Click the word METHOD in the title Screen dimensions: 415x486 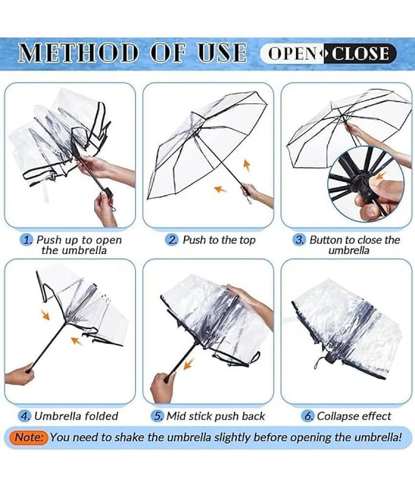78,52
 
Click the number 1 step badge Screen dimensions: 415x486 27,239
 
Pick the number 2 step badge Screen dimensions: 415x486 171,239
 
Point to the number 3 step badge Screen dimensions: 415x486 299,239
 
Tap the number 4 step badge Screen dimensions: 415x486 24,416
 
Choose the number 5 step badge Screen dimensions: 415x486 157,416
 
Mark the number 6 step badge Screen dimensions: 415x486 308,416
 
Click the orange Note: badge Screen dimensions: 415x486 29,437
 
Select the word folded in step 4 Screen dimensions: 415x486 101,416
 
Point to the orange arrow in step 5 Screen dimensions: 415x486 188,363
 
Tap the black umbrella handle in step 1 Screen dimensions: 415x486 108,191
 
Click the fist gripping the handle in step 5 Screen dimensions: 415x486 162,388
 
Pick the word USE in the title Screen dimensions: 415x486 222,52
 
